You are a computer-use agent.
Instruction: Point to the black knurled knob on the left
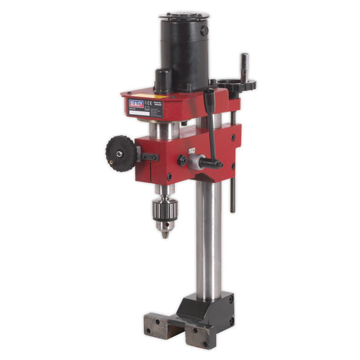(120, 153)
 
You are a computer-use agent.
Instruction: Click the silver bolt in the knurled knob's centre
(119, 153)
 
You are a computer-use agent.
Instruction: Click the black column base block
(215, 307)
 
